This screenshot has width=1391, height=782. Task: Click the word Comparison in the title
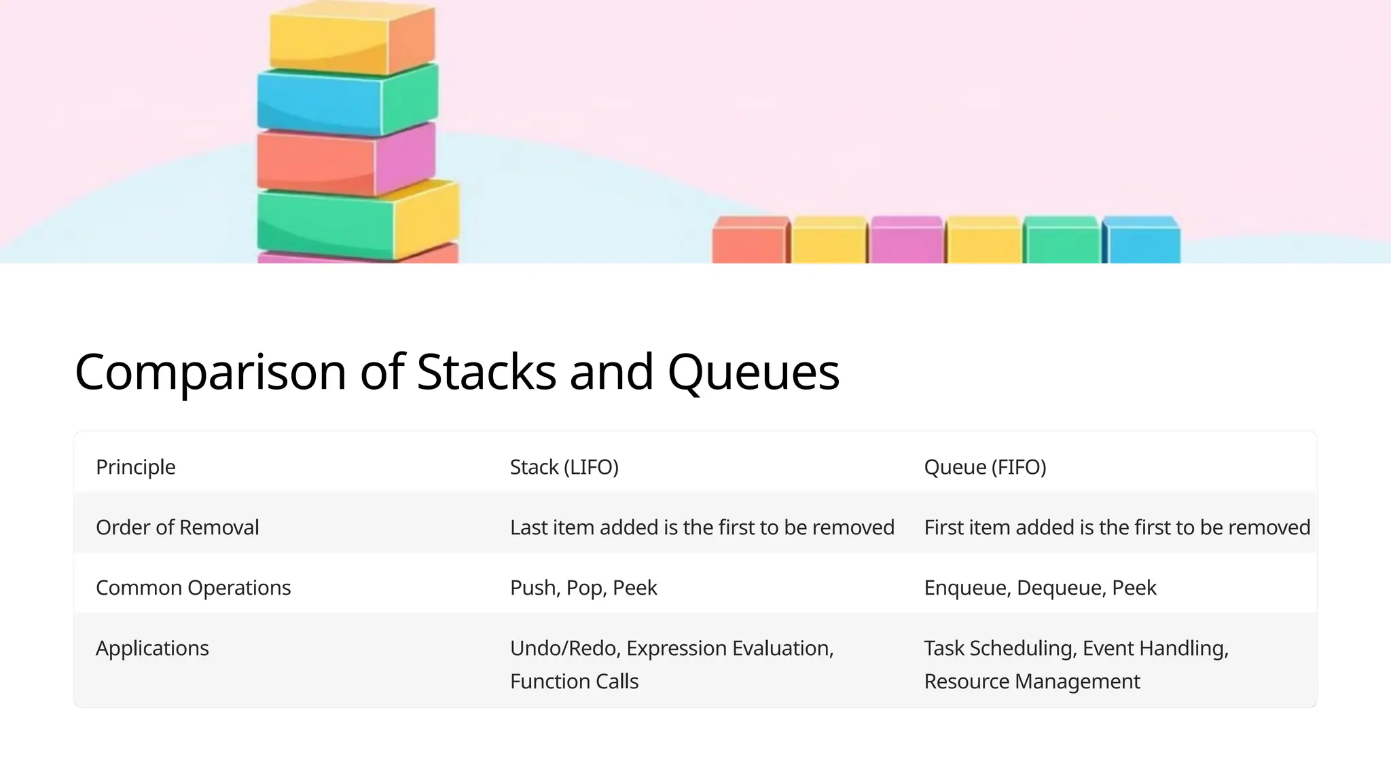point(210,373)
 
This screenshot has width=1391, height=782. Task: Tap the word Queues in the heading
point(753,373)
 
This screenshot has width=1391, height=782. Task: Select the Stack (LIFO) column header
point(564,467)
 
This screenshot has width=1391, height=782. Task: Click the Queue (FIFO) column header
point(985,467)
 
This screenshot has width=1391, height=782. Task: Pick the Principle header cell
point(136,467)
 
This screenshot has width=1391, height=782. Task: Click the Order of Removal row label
point(177,527)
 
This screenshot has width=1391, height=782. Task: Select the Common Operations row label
point(193,588)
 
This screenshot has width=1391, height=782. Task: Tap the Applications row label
point(152,648)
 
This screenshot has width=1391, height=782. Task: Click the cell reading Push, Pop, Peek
point(583,588)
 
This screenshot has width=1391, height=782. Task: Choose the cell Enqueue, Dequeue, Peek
point(1040,588)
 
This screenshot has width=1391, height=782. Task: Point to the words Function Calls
point(574,682)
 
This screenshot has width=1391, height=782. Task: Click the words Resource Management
point(1032,682)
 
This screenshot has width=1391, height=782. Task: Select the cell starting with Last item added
point(702,527)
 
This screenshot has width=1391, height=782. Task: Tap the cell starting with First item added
point(1117,527)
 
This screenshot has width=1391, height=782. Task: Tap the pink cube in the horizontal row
point(907,242)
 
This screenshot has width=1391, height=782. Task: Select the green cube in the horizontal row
point(1061,242)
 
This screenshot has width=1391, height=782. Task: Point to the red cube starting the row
point(749,242)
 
